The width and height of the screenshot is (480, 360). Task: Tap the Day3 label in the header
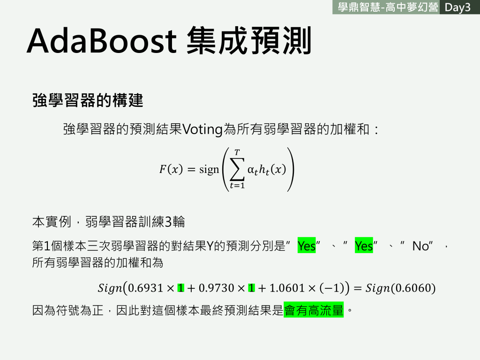pos(457,7)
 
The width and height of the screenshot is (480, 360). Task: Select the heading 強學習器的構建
pos(88,100)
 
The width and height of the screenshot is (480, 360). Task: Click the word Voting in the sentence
pos(202,129)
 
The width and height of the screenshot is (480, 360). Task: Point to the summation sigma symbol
pos(237,169)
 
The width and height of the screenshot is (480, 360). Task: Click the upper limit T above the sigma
pos(237,152)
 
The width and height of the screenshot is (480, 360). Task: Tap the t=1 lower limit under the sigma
pos(237,186)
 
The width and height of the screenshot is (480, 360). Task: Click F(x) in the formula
pos(171,169)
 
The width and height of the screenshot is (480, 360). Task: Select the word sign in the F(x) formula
pos(209,170)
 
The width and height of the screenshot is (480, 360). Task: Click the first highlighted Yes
pos(307,246)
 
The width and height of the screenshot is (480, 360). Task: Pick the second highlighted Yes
pos(364,246)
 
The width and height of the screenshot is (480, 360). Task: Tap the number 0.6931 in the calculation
pos(145,288)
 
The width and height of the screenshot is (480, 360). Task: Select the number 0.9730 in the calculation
pos(217,288)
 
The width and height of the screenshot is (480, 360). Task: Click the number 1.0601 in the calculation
pos(287,288)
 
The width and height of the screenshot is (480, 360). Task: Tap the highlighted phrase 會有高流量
pos(314,310)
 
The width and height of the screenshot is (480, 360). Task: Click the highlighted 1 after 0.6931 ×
pos(181,288)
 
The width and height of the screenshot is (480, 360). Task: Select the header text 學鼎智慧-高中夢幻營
pos(388,7)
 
